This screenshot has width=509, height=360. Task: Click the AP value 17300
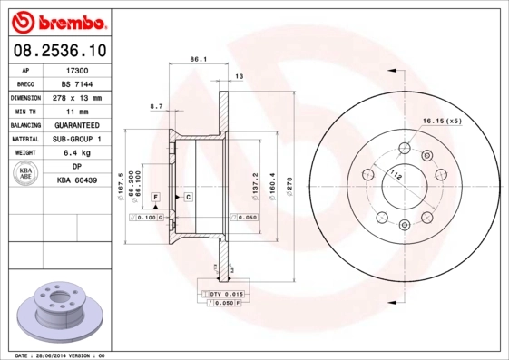(77, 69)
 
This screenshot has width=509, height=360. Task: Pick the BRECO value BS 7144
(77, 83)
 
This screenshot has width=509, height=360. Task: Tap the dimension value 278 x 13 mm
(77, 97)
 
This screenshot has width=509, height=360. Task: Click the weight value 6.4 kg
(77, 153)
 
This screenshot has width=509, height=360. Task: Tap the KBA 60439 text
(77, 181)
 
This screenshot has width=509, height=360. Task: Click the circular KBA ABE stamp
(26, 174)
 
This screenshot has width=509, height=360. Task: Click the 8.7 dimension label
(155, 106)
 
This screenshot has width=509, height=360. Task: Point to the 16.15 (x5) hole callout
(442, 121)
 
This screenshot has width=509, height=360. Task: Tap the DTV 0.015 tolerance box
(228, 294)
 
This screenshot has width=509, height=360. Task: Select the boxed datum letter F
(155, 196)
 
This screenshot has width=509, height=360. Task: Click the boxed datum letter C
(188, 196)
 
